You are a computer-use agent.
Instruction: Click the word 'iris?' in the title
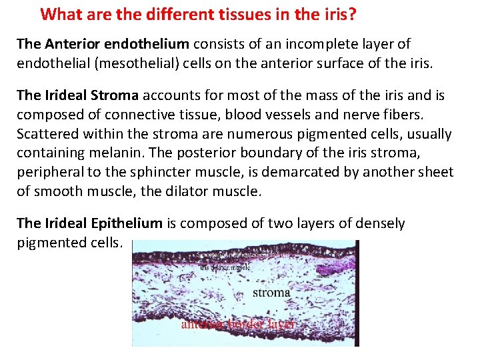click(x=339, y=14)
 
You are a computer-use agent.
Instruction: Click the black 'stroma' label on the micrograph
click(x=271, y=293)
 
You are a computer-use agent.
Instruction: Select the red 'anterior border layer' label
click(x=237, y=323)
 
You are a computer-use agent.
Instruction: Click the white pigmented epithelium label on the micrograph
click(x=243, y=254)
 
